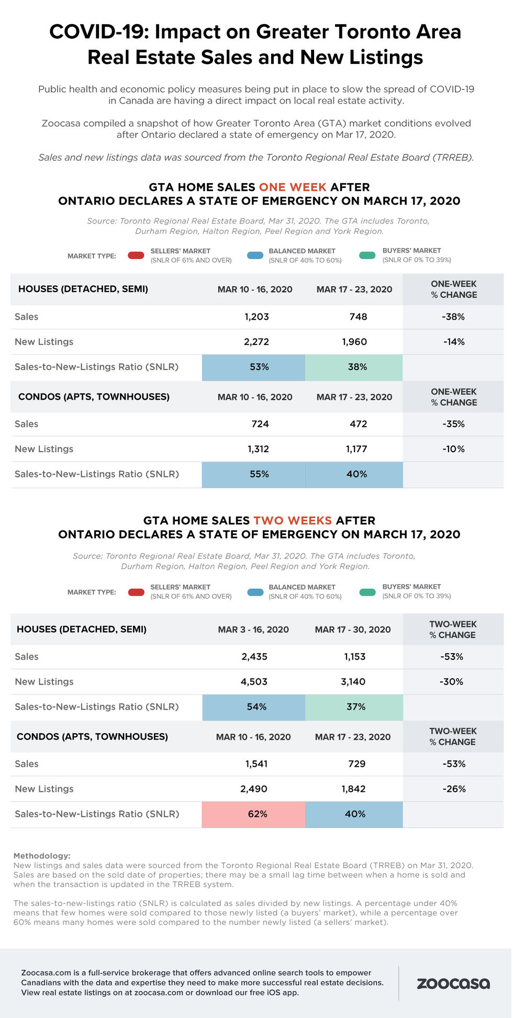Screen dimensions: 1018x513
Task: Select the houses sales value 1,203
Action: (x=256, y=317)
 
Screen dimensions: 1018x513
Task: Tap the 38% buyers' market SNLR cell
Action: (x=354, y=367)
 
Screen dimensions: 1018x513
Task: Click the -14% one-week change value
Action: (x=453, y=342)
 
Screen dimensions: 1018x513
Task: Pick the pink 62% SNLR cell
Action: (x=254, y=814)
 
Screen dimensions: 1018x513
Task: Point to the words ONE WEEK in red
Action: (x=293, y=187)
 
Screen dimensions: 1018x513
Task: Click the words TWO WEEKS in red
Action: (x=293, y=520)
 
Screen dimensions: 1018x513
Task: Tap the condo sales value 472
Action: (x=358, y=424)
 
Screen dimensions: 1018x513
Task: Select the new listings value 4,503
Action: (x=254, y=681)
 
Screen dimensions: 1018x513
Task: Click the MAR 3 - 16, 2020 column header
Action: (x=253, y=630)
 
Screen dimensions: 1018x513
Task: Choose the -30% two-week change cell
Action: (x=452, y=681)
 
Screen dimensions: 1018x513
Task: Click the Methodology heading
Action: (x=41, y=856)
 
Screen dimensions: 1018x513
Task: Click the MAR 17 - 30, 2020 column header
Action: (x=353, y=630)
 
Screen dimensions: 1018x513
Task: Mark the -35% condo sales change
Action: (x=453, y=424)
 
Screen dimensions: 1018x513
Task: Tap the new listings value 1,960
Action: (x=354, y=342)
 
